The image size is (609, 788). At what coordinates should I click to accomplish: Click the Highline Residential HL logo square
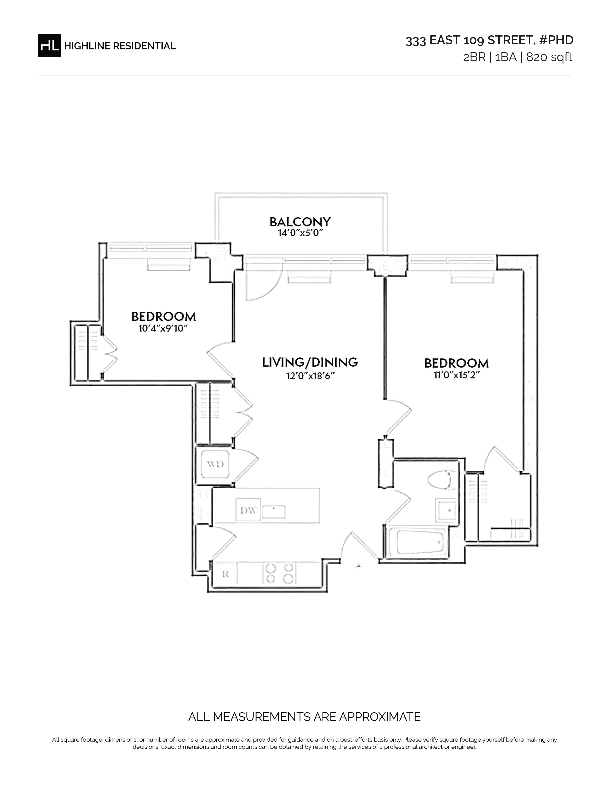49,45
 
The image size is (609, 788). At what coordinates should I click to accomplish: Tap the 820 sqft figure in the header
549,57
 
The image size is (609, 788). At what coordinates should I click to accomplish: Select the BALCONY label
300,222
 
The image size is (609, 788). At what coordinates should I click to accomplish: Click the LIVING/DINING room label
310,362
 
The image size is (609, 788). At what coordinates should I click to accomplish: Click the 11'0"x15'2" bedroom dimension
456,375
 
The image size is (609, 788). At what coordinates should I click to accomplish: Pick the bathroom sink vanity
446,511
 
